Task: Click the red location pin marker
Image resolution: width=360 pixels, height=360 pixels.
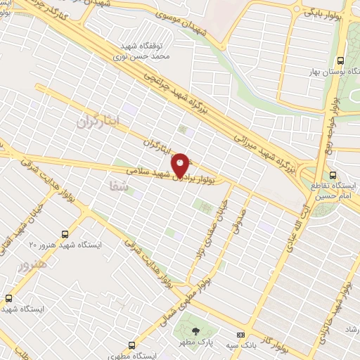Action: pos(181,165)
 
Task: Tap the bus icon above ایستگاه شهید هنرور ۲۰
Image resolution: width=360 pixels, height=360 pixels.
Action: pos(65,233)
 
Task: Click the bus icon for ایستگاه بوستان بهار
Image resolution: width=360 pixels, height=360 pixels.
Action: pos(341,60)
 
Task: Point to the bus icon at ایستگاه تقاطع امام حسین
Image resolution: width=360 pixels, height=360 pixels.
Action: pos(333,175)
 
